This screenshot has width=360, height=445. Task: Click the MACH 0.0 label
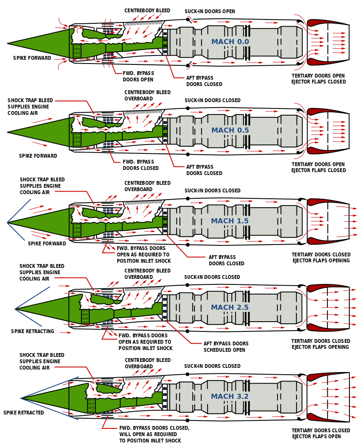click(x=230, y=42)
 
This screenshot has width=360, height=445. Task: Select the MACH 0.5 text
click(x=230, y=131)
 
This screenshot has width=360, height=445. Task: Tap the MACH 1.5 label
click(x=230, y=221)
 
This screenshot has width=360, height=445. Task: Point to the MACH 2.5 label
click(x=230, y=308)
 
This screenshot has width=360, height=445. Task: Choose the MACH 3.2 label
click(x=230, y=397)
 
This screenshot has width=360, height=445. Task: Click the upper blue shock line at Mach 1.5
click(x=19, y=211)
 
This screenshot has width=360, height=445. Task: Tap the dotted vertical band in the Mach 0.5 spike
click(x=77, y=139)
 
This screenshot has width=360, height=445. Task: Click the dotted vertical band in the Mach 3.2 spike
click(x=91, y=406)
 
